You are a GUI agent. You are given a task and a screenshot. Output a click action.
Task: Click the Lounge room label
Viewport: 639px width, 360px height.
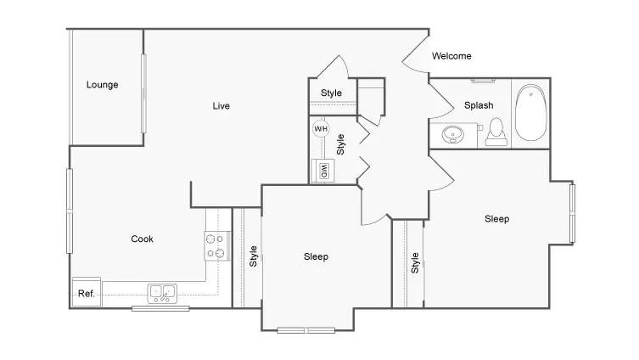click(x=103, y=85)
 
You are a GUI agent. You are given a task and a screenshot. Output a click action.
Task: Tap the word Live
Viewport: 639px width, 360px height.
click(x=221, y=106)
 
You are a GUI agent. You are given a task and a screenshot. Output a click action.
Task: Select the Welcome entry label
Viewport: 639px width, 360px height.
click(x=451, y=56)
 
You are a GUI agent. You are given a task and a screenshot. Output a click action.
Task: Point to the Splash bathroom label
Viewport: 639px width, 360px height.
click(x=479, y=105)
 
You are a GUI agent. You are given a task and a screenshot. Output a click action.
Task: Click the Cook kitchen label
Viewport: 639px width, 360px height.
click(x=142, y=239)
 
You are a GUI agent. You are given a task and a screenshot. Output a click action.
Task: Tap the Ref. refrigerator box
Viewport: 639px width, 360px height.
click(x=87, y=292)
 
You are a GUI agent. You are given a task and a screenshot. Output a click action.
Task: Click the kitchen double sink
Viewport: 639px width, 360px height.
click(x=162, y=294)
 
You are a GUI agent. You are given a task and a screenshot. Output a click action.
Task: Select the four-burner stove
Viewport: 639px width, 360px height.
click(x=217, y=246)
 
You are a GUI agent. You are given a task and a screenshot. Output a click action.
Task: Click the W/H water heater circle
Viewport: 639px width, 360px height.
click(x=321, y=129)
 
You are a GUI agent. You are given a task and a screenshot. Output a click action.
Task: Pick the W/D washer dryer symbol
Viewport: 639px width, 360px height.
click(x=323, y=171)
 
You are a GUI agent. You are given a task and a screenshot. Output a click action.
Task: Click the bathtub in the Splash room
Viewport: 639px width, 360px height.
click(x=530, y=113)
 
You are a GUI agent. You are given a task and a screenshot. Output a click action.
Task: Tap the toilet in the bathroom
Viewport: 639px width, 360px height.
click(x=496, y=132)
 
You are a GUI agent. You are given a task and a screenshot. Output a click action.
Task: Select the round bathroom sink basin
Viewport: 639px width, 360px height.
click(x=453, y=134)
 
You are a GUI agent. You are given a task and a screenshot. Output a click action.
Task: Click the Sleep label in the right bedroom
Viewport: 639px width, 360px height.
click(x=496, y=219)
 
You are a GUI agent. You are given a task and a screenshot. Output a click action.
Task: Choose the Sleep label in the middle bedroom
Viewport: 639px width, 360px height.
click(x=316, y=256)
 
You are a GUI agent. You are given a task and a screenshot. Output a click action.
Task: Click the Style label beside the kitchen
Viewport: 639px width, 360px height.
click(x=253, y=256)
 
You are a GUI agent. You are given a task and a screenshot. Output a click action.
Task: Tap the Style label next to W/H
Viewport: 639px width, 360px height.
click(x=340, y=144)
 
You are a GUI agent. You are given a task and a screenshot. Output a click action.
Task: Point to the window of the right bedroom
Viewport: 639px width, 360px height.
click(x=572, y=214)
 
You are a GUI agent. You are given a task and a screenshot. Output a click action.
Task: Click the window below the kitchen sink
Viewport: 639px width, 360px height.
click(x=160, y=308)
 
